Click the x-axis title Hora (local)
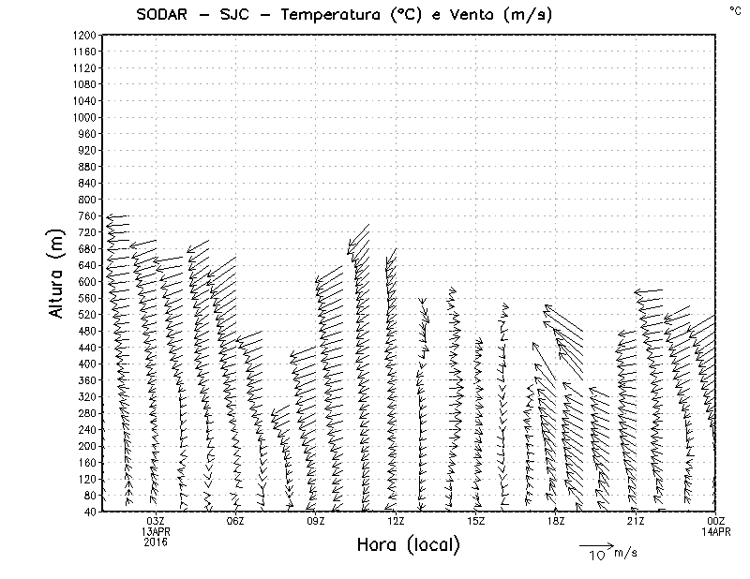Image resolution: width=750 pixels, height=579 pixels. pos(408,545)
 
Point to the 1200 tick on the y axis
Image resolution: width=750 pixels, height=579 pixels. pos(84,35)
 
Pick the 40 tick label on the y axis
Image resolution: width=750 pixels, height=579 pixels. pos(90,512)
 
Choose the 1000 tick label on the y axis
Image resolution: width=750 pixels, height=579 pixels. pos(84,117)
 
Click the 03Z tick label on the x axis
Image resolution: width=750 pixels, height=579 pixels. pos(156,521)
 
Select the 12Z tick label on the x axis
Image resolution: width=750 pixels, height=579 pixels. pos(396,521)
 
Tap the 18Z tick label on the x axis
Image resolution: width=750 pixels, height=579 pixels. pos(556,521)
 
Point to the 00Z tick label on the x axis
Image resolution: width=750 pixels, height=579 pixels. pos(716,521)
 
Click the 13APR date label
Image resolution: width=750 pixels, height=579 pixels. pos(156,531)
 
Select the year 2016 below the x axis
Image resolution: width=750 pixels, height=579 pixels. pos(156,542)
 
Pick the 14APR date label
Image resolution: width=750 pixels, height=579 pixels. pos(716,531)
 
